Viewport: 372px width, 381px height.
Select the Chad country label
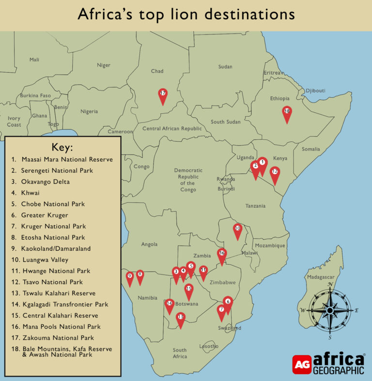tap(157, 71)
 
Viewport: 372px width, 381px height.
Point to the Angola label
tap(149, 244)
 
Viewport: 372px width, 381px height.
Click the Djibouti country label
tap(315, 91)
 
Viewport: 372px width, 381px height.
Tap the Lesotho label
tap(209, 346)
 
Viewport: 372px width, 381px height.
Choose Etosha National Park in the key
tap(53, 238)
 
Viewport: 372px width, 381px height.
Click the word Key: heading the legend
tap(62, 148)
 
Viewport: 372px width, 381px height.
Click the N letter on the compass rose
tap(330, 285)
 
